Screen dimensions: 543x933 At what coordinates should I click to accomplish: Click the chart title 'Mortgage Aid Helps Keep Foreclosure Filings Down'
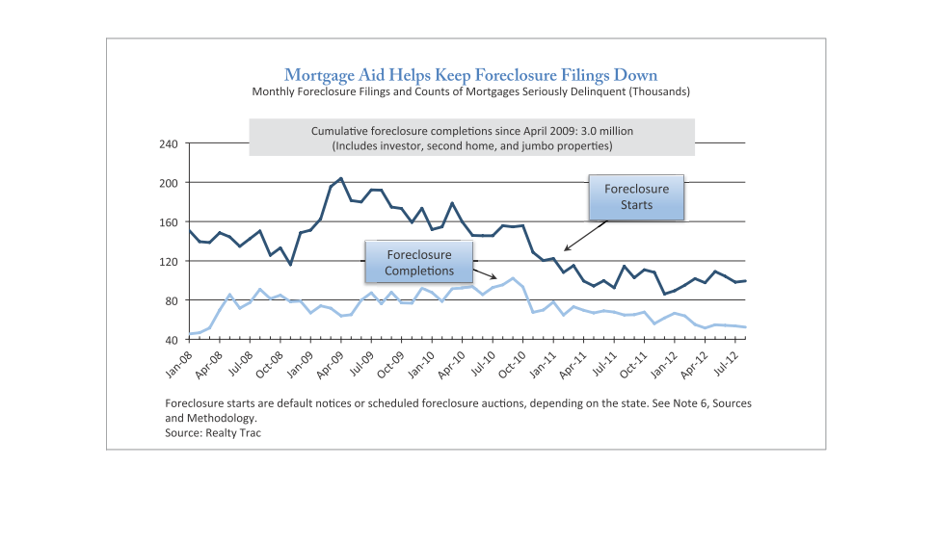click(x=470, y=74)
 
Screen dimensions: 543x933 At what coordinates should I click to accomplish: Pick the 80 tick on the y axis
click(x=171, y=301)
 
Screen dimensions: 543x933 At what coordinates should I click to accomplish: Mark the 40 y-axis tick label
click(x=171, y=340)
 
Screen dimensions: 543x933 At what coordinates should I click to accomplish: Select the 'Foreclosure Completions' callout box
click(x=419, y=263)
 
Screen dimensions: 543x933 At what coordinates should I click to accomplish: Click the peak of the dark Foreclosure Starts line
click(x=341, y=178)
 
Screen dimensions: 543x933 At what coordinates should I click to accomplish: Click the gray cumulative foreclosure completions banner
click(x=471, y=138)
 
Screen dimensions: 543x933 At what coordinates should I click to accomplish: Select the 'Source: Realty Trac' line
click(x=213, y=433)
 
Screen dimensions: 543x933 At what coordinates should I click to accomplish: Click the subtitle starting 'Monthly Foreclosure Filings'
click(x=470, y=91)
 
